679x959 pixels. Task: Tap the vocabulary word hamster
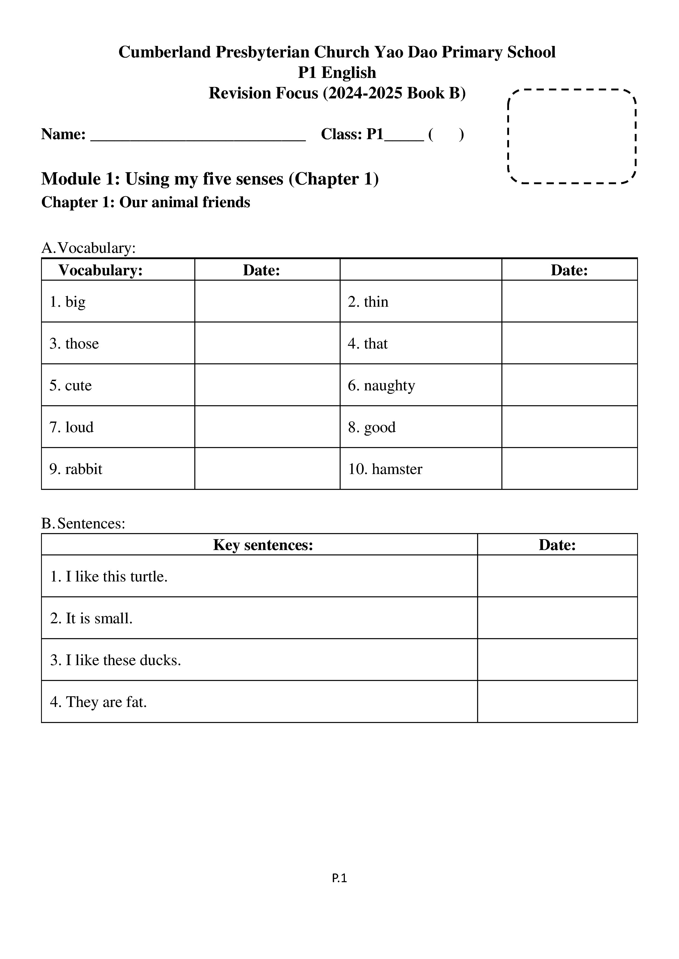397,469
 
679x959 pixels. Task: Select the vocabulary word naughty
389,385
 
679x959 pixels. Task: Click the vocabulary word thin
376,302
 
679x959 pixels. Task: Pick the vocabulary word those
82,344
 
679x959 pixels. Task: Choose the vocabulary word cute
78,385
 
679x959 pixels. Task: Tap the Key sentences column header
263,545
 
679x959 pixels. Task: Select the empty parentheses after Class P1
446,135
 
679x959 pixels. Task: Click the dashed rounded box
571,137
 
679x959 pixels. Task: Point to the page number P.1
339,878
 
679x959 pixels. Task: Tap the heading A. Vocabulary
89,248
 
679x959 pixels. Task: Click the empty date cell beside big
267,301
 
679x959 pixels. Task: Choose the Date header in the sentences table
557,545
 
